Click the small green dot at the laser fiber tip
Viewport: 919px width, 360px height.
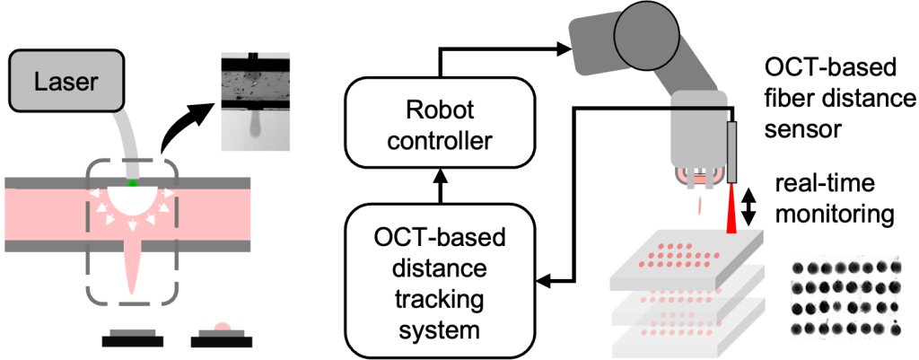pyautogui.click(x=133, y=183)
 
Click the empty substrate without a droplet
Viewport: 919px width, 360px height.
pyautogui.click(x=133, y=336)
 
